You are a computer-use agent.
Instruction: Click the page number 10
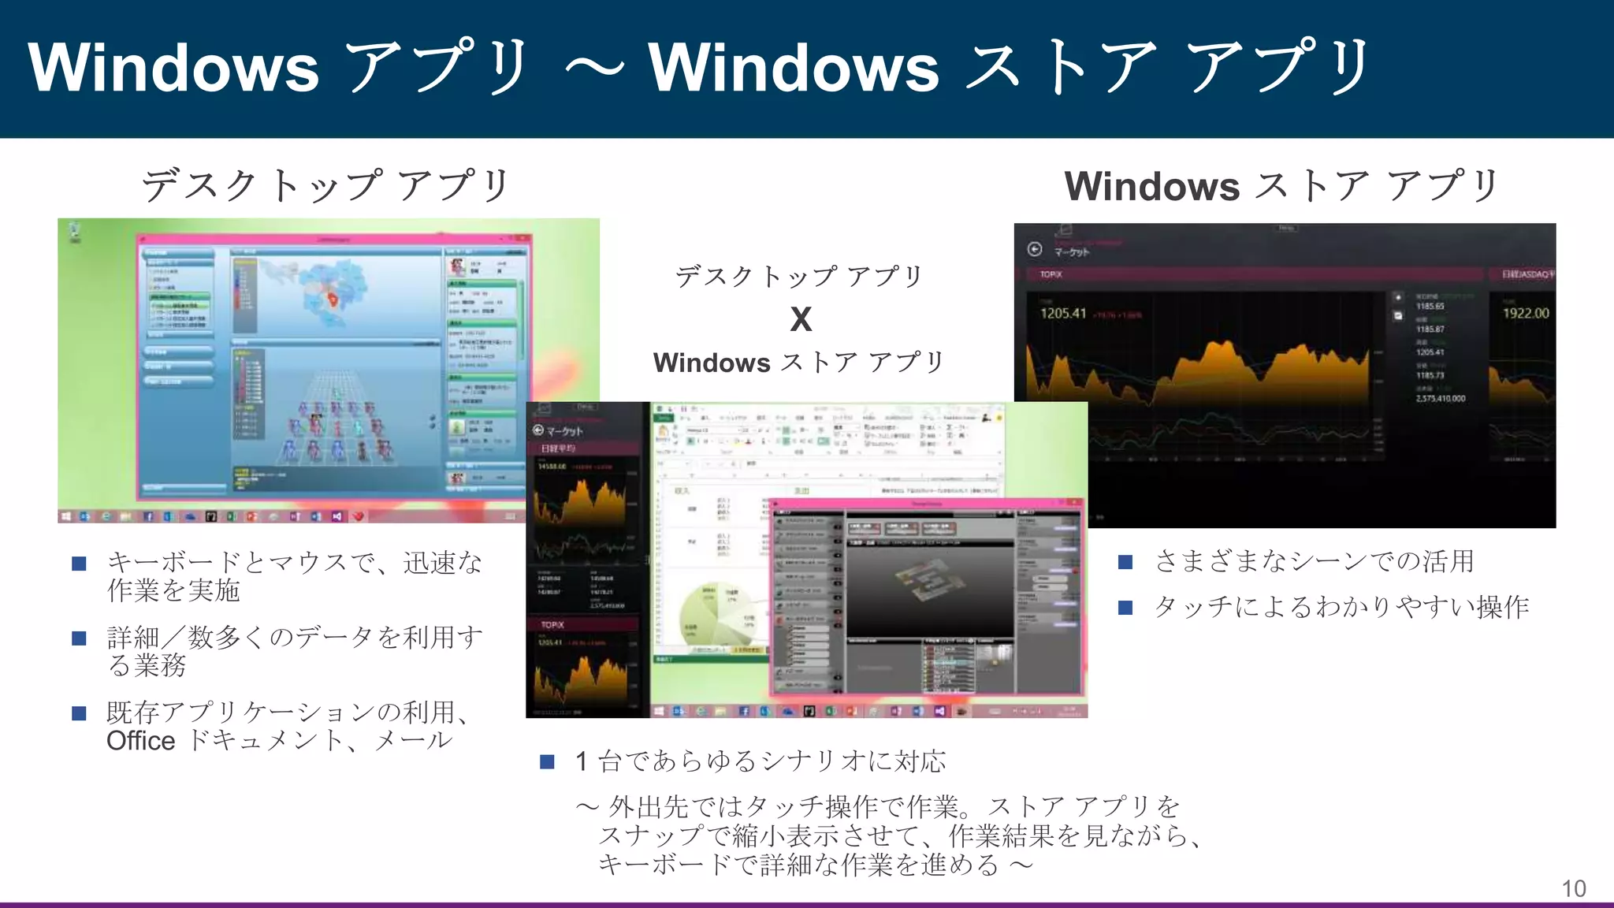coord(1573,888)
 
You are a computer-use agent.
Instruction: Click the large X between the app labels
coord(801,319)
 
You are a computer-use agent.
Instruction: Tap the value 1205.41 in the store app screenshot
coord(1063,313)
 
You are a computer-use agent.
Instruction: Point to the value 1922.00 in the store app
coord(1525,313)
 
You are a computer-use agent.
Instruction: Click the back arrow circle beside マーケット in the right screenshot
coord(1035,250)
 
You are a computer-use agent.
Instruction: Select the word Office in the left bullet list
coord(140,741)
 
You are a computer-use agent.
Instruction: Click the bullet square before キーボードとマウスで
coord(79,564)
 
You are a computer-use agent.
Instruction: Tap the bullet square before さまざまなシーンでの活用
coord(1125,562)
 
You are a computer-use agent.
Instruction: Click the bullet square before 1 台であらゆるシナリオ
coord(548,761)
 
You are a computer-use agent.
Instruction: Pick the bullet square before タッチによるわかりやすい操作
coord(1125,607)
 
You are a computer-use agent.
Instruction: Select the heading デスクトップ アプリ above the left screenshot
coord(325,186)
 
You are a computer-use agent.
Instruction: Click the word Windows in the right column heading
coord(1152,187)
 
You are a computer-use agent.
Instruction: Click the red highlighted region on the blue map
coord(333,300)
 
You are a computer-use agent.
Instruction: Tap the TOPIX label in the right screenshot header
coord(1051,274)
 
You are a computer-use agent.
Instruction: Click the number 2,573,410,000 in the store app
coord(1441,399)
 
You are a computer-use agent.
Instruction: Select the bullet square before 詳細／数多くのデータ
coord(79,638)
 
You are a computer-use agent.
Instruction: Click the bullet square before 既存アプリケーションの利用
coord(79,713)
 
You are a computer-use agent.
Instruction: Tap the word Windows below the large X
coord(712,363)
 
